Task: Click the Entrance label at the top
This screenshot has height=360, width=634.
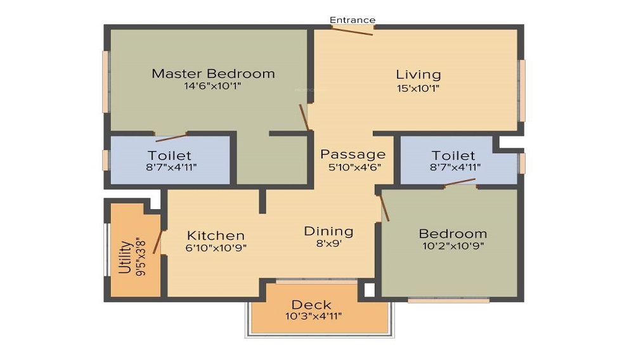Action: click(352, 20)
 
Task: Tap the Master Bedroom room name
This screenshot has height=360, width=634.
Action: click(213, 74)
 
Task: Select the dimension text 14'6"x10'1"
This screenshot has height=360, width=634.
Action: click(212, 86)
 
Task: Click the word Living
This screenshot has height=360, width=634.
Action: click(418, 75)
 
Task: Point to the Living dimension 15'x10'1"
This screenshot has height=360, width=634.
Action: click(418, 88)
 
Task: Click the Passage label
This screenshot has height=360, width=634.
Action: click(353, 155)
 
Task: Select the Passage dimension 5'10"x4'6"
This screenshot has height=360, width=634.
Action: click(354, 167)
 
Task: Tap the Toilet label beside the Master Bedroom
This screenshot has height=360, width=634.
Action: click(169, 155)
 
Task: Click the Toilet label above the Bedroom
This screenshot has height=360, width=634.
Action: click(453, 155)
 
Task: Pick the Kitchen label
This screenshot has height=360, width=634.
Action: click(216, 235)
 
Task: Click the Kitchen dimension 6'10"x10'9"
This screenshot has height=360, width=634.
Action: click(216, 248)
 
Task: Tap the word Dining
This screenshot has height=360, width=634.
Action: click(328, 231)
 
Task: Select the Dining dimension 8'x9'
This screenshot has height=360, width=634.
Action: click(329, 243)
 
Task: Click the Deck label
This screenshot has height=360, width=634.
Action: click(311, 305)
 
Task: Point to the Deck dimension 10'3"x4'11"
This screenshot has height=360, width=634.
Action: click(313, 316)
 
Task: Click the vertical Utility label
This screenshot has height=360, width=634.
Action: click(126, 257)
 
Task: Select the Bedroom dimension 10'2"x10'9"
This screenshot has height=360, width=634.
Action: click(453, 246)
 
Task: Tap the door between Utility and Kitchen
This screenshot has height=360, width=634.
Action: click(158, 242)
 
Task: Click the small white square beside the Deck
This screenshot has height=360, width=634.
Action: click(370, 290)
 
